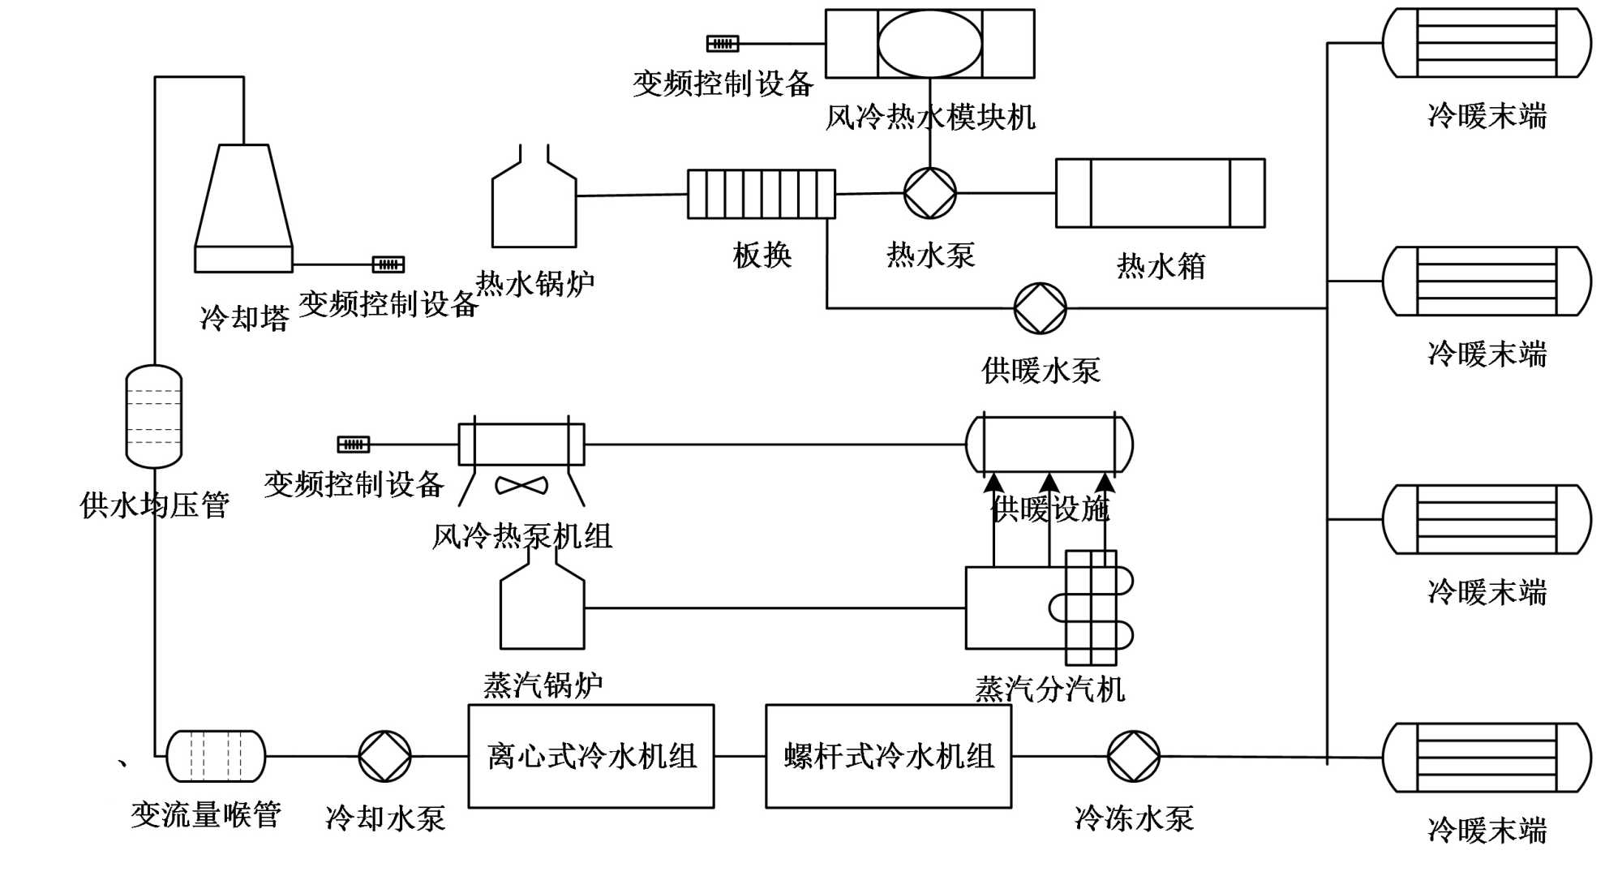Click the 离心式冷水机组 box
(x=591, y=756)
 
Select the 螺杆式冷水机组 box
(x=889, y=756)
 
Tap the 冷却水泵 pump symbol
(x=385, y=756)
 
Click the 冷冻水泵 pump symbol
(x=1134, y=756)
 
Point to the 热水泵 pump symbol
(x=930, y=193)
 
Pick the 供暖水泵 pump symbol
(x=1041, y=308)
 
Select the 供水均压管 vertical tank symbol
(x=154, y=416)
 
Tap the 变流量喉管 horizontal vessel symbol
(x=216, y=756)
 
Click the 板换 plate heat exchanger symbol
(x=762, y=194)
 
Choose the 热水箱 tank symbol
(x=1160, y=193)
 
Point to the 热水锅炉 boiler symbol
(x=534, y=203)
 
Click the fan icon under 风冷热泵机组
(x=521, y=485)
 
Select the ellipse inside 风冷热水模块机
(x=929, y=44)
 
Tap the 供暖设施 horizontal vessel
(x=1049, y=444)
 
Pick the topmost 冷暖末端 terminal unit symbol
(x=1487, y=43)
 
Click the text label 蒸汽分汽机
(x=1049, y=689)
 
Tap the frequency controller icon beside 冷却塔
(x=388, y=264)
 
